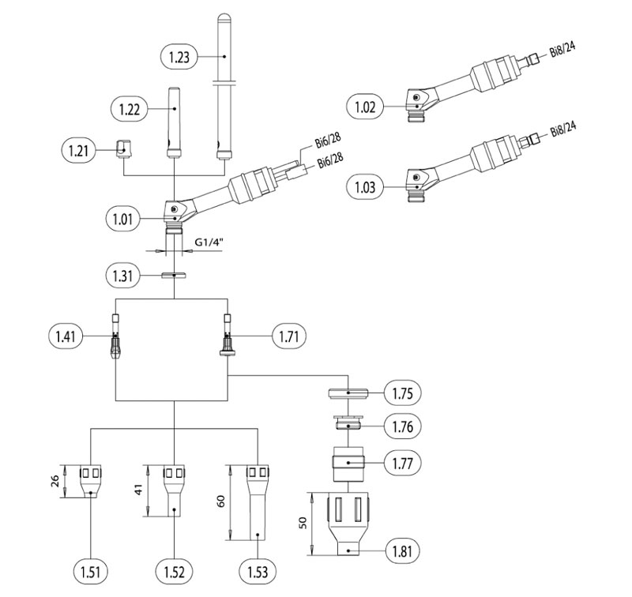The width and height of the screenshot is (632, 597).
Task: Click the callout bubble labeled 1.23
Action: click(179, 57)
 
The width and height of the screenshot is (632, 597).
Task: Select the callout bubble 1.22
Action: click(130, 109)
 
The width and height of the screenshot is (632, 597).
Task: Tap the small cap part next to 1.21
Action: click(123, 149)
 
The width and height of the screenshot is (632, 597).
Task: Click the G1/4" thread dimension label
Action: click(209, 242)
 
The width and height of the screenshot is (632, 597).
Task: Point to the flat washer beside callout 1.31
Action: click(174, 276)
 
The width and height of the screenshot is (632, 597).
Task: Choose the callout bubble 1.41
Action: click(66, 336)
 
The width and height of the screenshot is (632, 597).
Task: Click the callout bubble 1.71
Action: click(289, 336)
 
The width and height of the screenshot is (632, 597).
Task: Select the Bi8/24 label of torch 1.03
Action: click(563, 130)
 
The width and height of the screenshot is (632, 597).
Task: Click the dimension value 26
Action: click(55, 481)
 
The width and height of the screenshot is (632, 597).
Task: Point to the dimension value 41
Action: click(138, 490)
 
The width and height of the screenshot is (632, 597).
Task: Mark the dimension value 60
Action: click(221, 501)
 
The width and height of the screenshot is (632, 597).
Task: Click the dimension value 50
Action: click(303, 523)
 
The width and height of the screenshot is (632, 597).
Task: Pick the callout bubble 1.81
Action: click(403, 550)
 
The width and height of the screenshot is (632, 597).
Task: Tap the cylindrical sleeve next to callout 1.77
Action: click(348, 464)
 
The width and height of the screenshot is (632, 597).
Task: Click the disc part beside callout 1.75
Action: click(348, 392)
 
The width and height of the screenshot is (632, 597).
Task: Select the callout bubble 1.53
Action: click(258, 572)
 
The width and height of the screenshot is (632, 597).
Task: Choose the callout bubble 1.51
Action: click(90, 572)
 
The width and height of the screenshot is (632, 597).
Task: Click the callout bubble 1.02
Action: click(365, 107)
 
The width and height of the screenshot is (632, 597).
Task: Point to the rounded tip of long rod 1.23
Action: click(224, 18)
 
